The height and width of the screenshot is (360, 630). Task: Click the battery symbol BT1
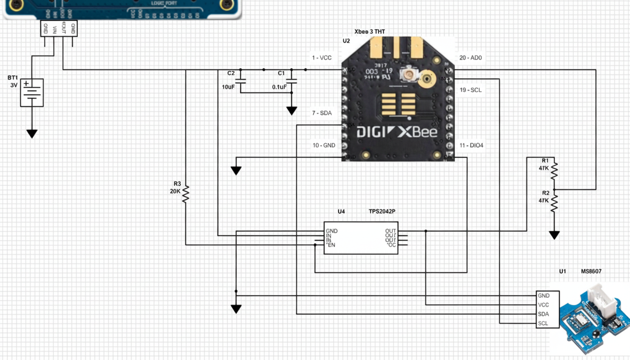32,92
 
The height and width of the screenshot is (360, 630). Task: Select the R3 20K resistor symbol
186,194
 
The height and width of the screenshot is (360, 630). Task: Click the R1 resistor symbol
554,169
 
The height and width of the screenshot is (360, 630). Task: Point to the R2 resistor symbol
554,202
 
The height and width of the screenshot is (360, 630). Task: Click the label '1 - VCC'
322,58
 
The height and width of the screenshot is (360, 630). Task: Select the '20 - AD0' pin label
470,58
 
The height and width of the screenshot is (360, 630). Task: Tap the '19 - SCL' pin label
470,90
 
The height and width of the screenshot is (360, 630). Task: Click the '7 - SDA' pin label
322,113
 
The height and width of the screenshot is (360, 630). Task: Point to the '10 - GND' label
324,145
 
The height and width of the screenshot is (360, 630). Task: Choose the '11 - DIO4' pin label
471,145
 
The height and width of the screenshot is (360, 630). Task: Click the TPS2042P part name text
382,211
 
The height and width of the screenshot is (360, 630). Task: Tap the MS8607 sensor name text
591,271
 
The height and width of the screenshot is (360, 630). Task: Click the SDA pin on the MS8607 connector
544,314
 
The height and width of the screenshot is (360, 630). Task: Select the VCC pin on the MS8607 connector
544,305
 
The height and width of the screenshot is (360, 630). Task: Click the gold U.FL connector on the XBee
427,79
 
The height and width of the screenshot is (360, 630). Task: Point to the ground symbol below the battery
32,134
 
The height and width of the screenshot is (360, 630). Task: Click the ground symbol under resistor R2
554,235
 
